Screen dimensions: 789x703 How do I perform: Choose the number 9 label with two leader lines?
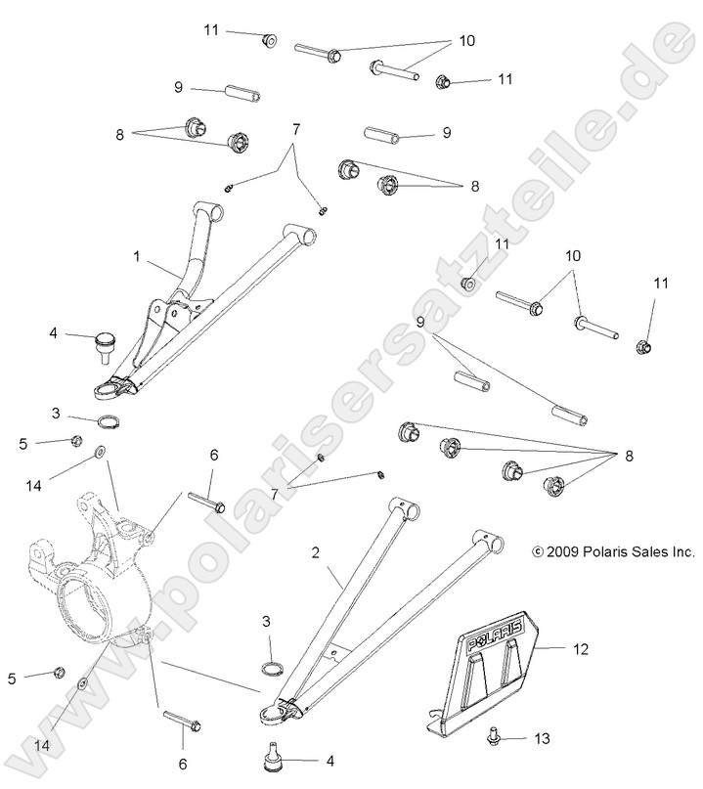coord(419,323)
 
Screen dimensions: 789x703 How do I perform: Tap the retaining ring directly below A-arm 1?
coord(109,422)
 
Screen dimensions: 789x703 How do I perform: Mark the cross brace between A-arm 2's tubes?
coord(334,646)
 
